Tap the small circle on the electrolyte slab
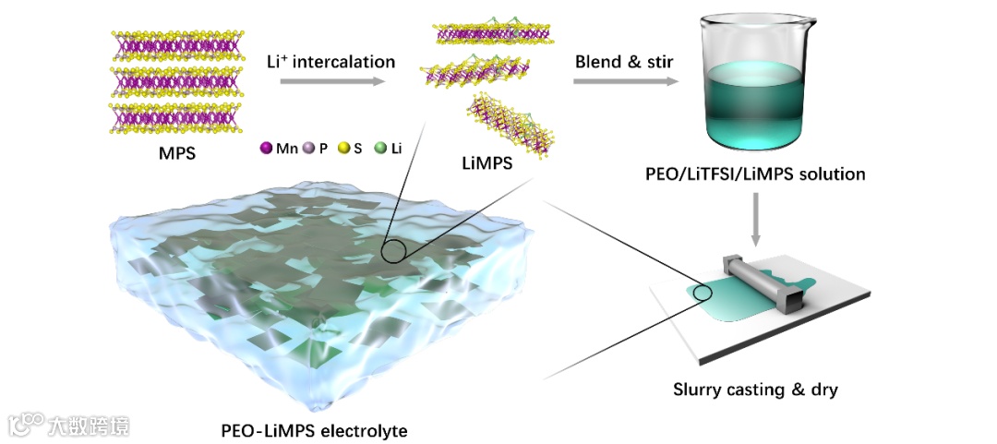pos(396,248)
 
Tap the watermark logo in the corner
pos(28,426)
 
